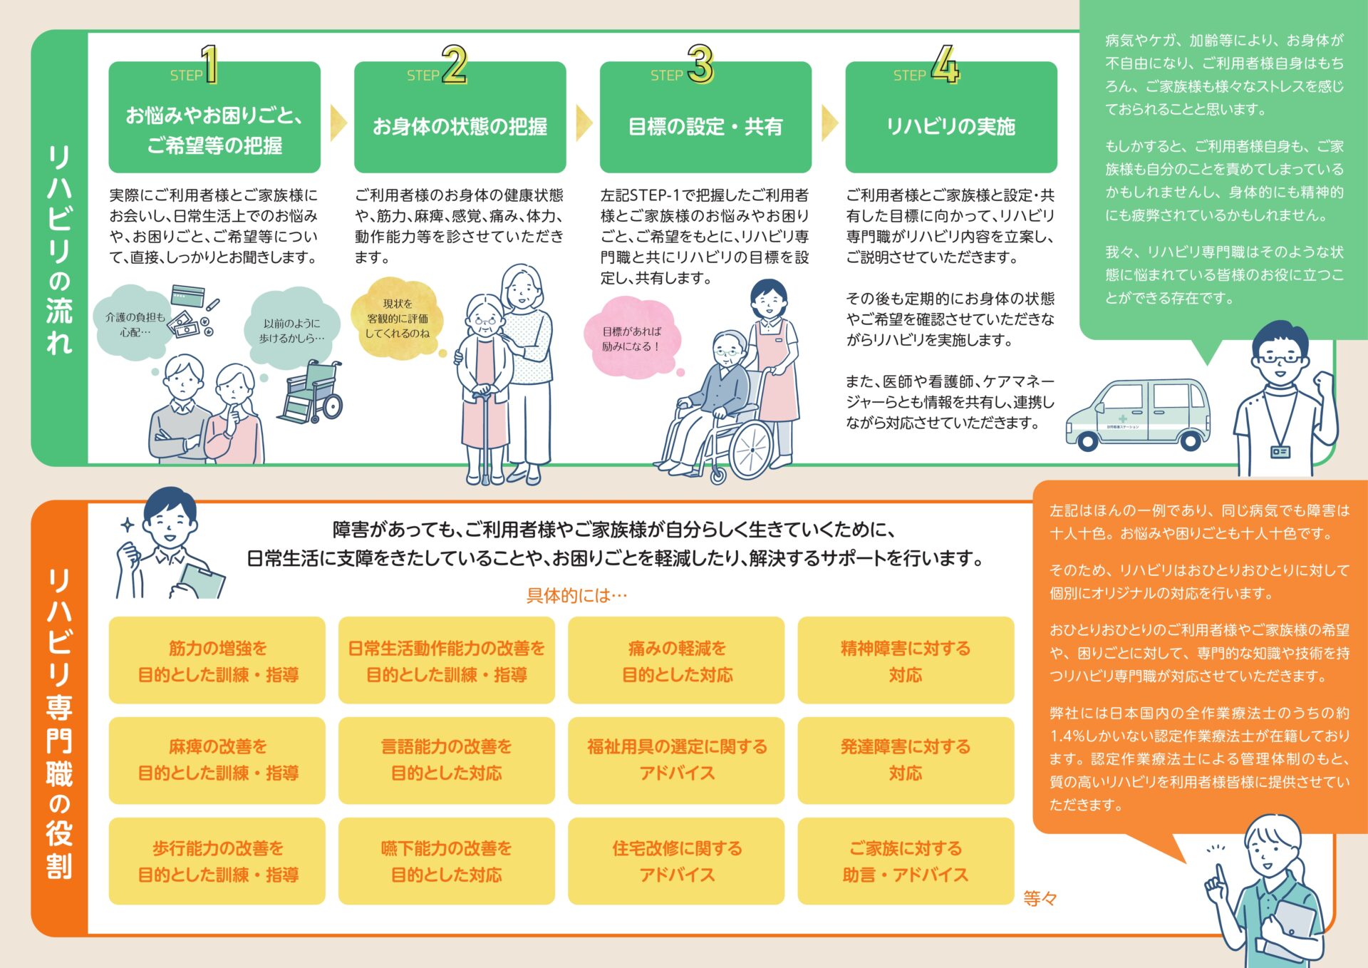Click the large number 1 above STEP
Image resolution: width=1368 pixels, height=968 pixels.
point(209,64)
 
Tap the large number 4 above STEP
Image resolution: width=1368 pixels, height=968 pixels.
point(945,64)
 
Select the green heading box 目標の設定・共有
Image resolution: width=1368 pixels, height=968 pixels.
point(705,118)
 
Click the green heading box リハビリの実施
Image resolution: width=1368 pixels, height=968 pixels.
point(951,118)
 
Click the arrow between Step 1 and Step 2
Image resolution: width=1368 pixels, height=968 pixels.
point(338,123)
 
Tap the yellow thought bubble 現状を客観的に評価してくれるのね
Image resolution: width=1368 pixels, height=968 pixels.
point(398,319)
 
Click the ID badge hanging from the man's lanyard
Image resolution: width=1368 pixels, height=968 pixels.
point(1280,451)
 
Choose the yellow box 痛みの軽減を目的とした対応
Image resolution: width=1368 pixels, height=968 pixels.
point(676,661)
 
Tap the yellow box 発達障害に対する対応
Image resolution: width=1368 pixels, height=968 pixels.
point(906,761)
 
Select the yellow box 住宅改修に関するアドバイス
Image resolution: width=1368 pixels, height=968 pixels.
point(676,861)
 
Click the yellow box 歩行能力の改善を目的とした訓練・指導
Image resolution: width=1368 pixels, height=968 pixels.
point(217,861)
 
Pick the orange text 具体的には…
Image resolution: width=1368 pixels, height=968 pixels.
point(576,595)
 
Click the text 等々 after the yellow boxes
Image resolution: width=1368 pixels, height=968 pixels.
point(1040,899)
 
